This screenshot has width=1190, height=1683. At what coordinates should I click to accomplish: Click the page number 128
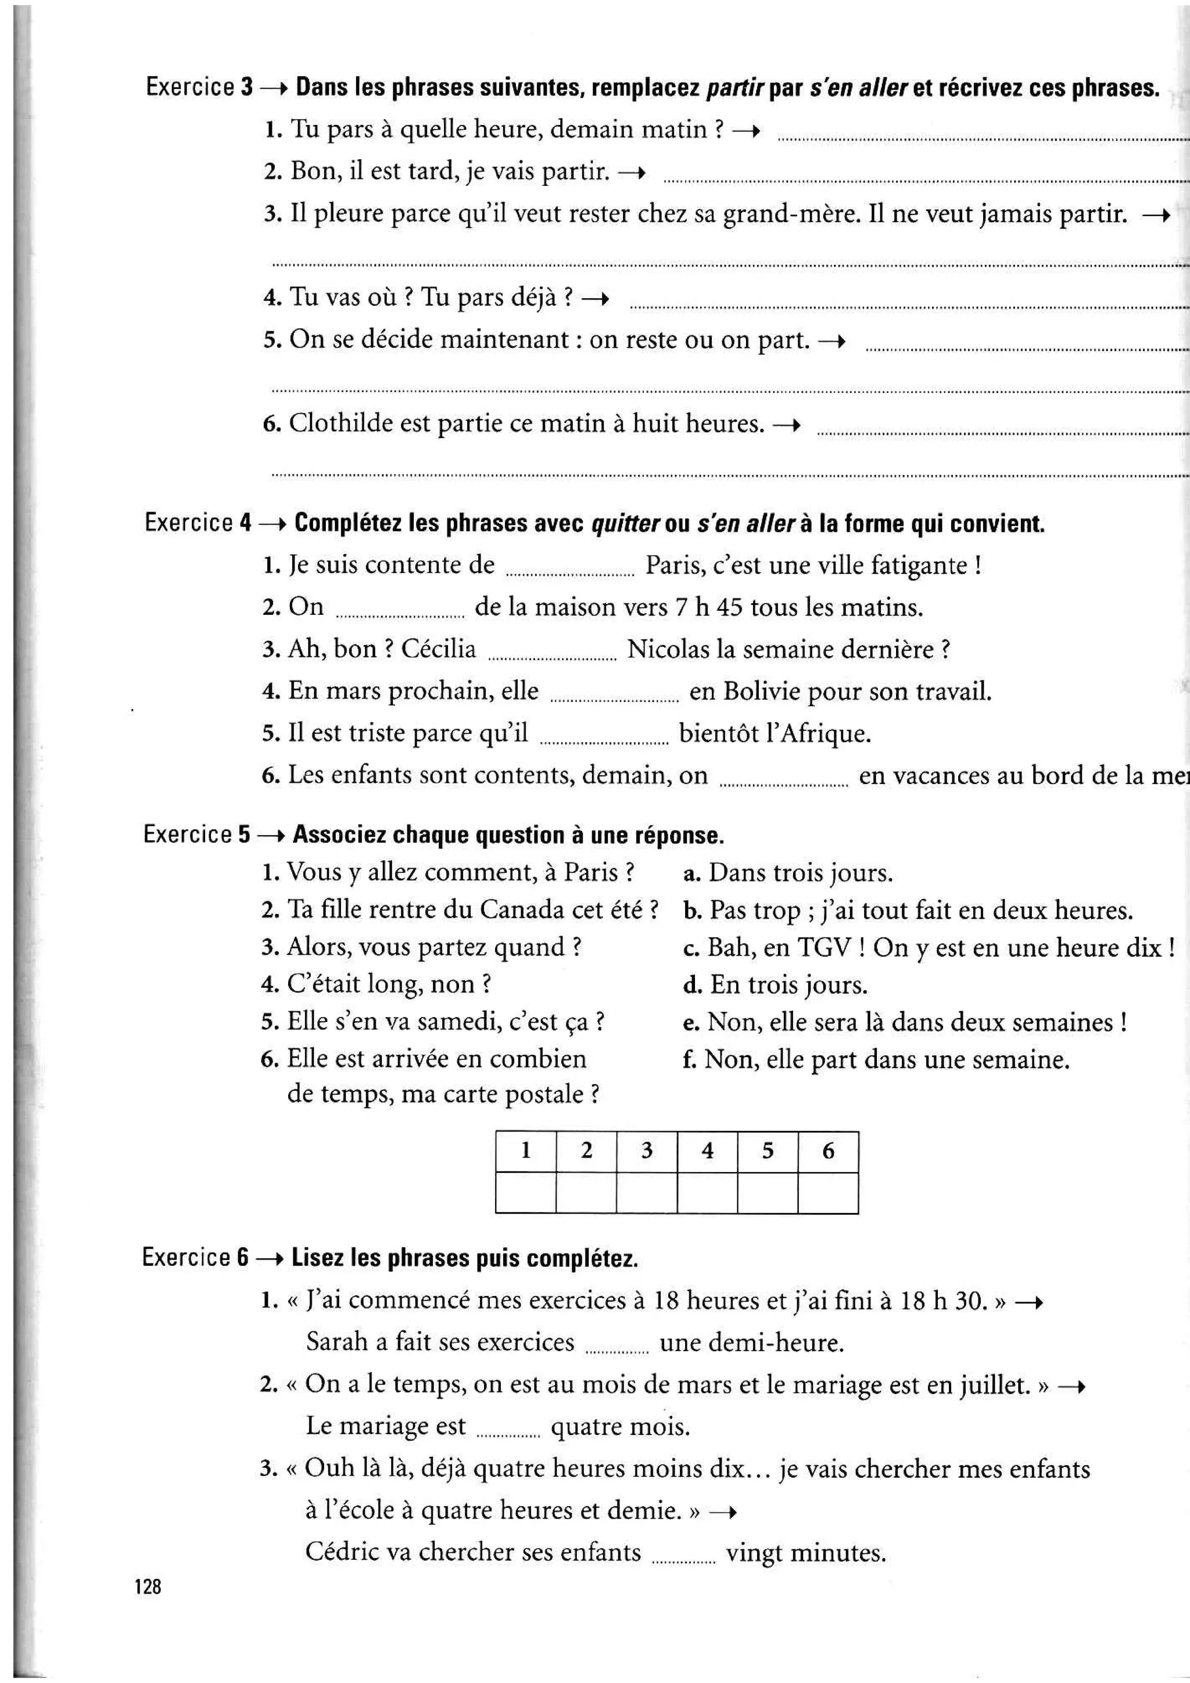coord(147,1587)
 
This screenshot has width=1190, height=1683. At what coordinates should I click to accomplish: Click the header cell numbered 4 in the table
coord(707,1151)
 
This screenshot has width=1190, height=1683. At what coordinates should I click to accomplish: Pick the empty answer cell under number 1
coord(525,1192)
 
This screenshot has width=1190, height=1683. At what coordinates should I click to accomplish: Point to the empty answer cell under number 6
coord(828,1192)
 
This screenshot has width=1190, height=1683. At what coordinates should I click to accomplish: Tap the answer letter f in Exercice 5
coord(689,1059)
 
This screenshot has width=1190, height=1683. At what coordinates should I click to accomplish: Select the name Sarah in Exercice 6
coord(337,1342)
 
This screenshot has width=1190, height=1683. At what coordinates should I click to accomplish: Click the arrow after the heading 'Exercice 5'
coord(270,836)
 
